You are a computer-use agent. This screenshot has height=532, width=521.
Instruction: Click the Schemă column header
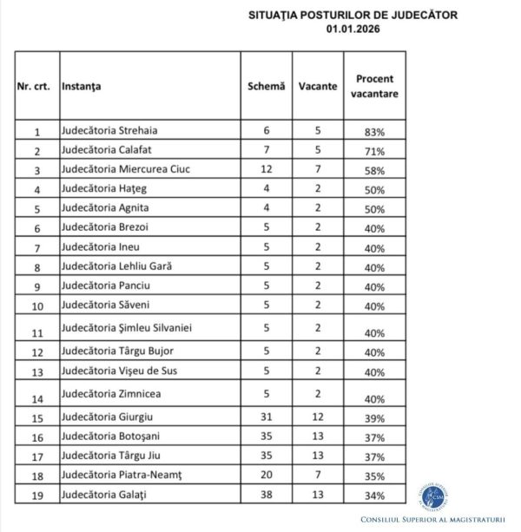266,87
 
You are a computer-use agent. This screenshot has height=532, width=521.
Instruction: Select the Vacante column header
318,87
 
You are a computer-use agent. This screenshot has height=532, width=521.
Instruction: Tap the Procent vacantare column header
375,86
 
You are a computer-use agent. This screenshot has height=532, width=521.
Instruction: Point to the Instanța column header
82,87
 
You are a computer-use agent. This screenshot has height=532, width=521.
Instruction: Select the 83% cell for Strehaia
375,132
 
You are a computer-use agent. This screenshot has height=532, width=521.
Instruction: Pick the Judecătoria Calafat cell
110,150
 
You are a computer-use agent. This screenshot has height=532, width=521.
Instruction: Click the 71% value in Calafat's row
375,151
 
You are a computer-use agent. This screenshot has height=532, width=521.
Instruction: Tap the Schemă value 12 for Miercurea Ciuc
267,169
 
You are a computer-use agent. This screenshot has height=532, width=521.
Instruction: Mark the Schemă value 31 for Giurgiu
267,418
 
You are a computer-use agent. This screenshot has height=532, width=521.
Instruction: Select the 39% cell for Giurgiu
375,419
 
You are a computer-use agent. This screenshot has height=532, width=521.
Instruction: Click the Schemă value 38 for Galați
267,495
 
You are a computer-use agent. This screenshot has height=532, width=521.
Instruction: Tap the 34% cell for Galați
375,496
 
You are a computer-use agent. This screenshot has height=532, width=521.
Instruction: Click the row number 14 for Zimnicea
36,400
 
